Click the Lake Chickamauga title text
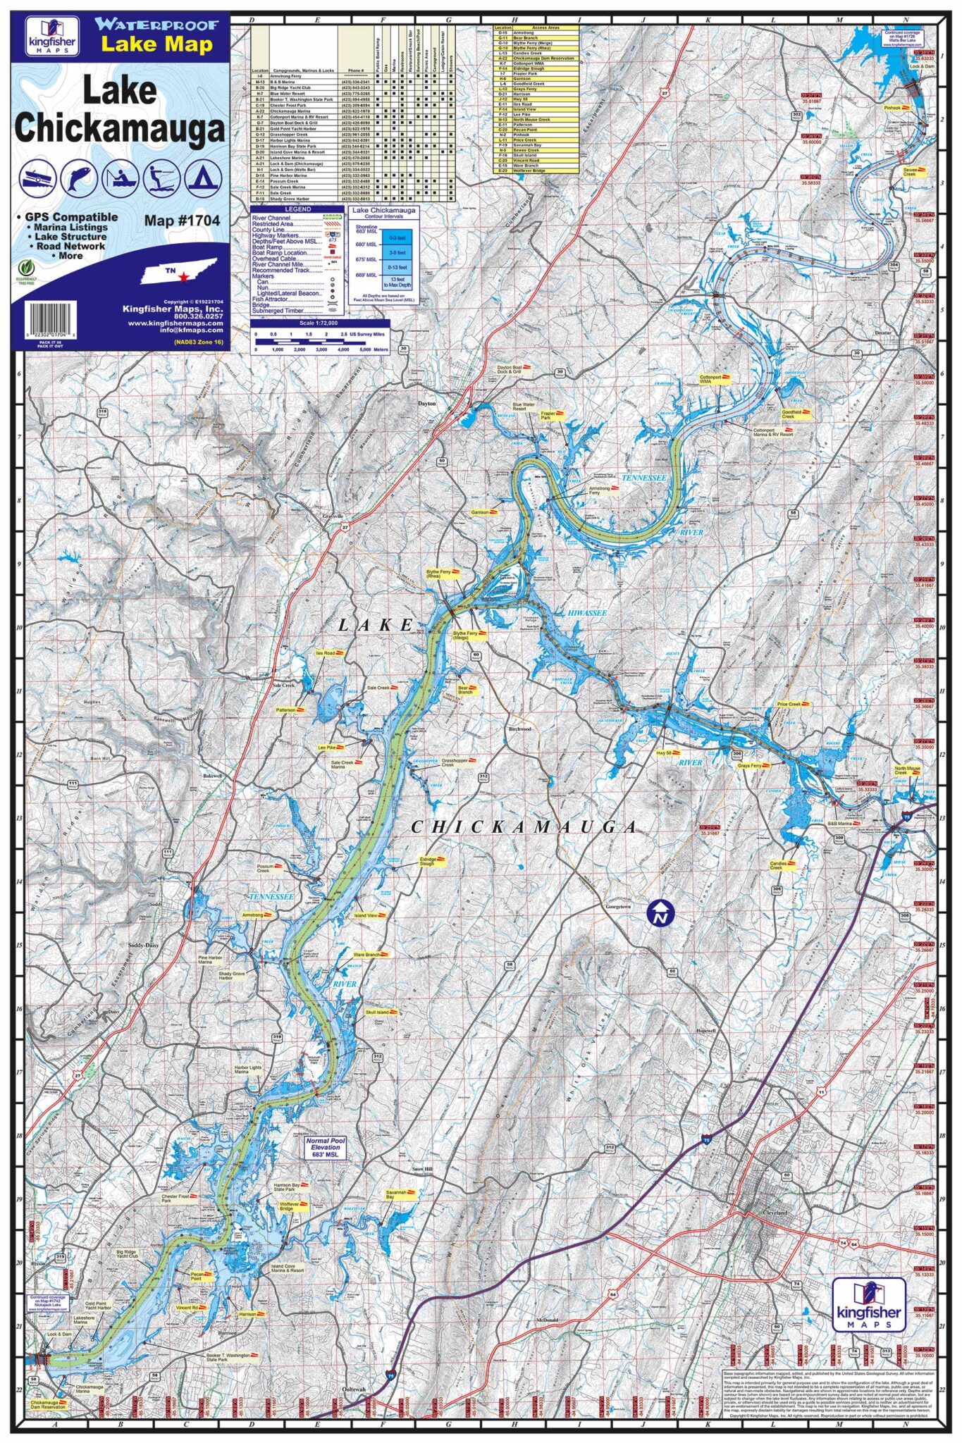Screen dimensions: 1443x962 coord(120,110)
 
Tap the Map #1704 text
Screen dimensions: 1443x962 coord(182,221)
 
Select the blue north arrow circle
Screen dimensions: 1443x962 coord(660,915)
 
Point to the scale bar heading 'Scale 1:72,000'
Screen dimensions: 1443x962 coord(319,323)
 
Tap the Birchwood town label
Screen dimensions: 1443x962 coord(519,729)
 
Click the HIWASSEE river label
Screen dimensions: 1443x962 coord(586,613)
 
